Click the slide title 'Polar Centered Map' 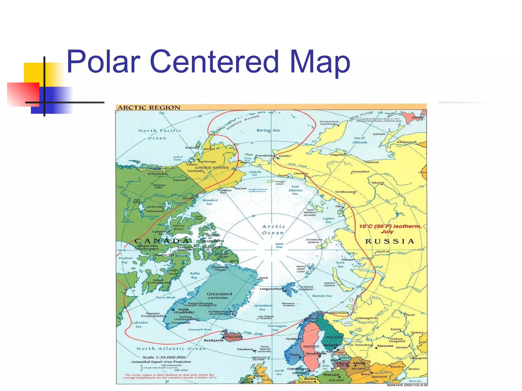coord(208,62)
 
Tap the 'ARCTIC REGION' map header coord(149,107)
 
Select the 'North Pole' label coord(279,245)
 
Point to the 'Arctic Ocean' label coord(273,229)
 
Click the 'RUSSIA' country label coord(390,241)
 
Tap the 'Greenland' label coord(219,294)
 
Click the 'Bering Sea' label coord(268,130)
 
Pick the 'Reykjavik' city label coord(214,340)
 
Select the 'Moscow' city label coord(385,346)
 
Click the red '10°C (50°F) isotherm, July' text coord(390,229)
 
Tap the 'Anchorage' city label coord(207,161)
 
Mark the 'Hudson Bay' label coord(125,260)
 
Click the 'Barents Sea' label coord(322,296)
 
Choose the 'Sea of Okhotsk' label coord(360,140)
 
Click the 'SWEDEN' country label coord(311,346)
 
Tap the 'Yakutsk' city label coord(377,183)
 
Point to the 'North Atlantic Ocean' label coord(171,348)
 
